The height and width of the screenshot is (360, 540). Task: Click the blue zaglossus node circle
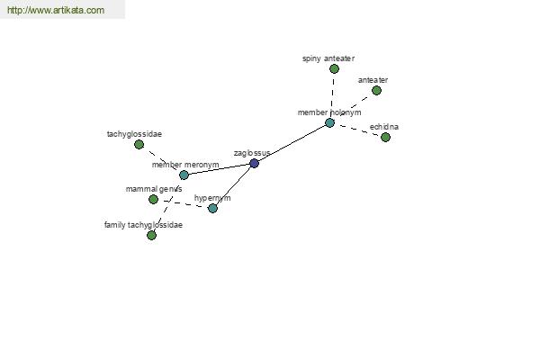[x=254, y=163]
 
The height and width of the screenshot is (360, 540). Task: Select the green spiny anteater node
[x=334, y=69]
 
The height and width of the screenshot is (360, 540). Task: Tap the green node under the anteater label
[x=376, y=91]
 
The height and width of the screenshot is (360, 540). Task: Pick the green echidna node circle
[x=385, y=137]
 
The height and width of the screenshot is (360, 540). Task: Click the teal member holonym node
[x=329, y=122]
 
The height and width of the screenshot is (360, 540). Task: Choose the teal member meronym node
[x=184, y=175]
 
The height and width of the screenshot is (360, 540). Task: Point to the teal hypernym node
[x=212, y=208]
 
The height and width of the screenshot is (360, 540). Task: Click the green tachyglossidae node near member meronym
[x=139, y=144]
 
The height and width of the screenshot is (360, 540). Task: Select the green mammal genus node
[x=153, y=199]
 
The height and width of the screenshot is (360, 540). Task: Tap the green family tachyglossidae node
[x=151, y=235]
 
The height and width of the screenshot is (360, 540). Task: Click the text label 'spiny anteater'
[x=328, y=58]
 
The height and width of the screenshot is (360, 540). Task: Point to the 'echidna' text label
[x=384, y=127]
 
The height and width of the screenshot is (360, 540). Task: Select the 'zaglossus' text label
[x=252, y=153]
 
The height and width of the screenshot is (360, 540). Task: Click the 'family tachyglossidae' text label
[x=143, y=225]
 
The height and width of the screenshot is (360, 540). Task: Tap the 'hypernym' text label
[x=212, y=198]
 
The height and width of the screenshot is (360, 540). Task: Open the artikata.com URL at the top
[x=56, y=10]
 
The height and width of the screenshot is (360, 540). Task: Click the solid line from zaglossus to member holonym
[x=292, y=143]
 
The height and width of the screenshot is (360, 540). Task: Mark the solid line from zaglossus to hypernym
[x=233, y=185]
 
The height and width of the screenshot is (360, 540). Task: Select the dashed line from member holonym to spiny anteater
[x=333, y=94]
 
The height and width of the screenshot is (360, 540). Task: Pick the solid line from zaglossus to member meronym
[x=219, y=169]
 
